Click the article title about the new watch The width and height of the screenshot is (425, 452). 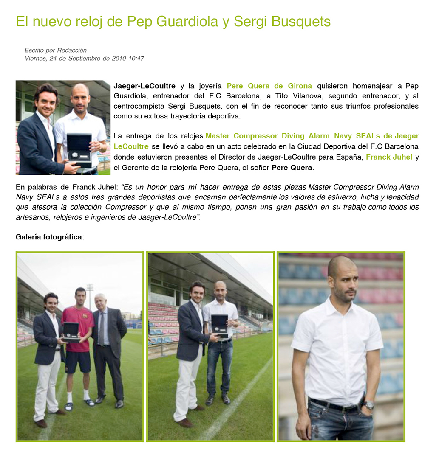point(173,21)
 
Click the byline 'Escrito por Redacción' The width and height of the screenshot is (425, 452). point(55,50)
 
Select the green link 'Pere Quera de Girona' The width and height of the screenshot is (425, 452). point(269,86)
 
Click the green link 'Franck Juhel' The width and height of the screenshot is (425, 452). point(389,157)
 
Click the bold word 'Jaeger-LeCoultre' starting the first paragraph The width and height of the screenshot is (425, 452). point(144,86)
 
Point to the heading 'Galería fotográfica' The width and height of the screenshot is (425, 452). point(49,237)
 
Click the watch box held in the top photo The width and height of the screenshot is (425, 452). point(79,149)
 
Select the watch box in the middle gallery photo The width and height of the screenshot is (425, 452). point(219,326)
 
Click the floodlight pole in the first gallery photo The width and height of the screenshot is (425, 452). point(90,297)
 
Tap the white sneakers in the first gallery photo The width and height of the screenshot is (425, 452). point(79,401)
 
